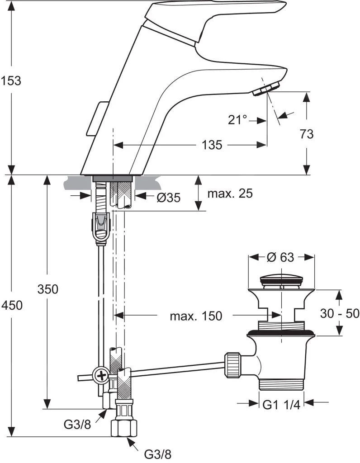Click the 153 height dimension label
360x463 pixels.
coord(11,81)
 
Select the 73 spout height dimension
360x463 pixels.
coord(306,134)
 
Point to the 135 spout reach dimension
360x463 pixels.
coord(212,145)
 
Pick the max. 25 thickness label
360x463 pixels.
coord(230,194)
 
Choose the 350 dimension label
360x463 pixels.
coord(47,289)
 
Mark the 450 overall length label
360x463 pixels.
coord(11,305)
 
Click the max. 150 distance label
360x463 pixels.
coord(196,316)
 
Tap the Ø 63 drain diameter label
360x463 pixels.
coord(280,257)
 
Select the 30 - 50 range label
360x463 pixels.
coord(339,313)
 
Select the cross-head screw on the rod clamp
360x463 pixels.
coord(100,375)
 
